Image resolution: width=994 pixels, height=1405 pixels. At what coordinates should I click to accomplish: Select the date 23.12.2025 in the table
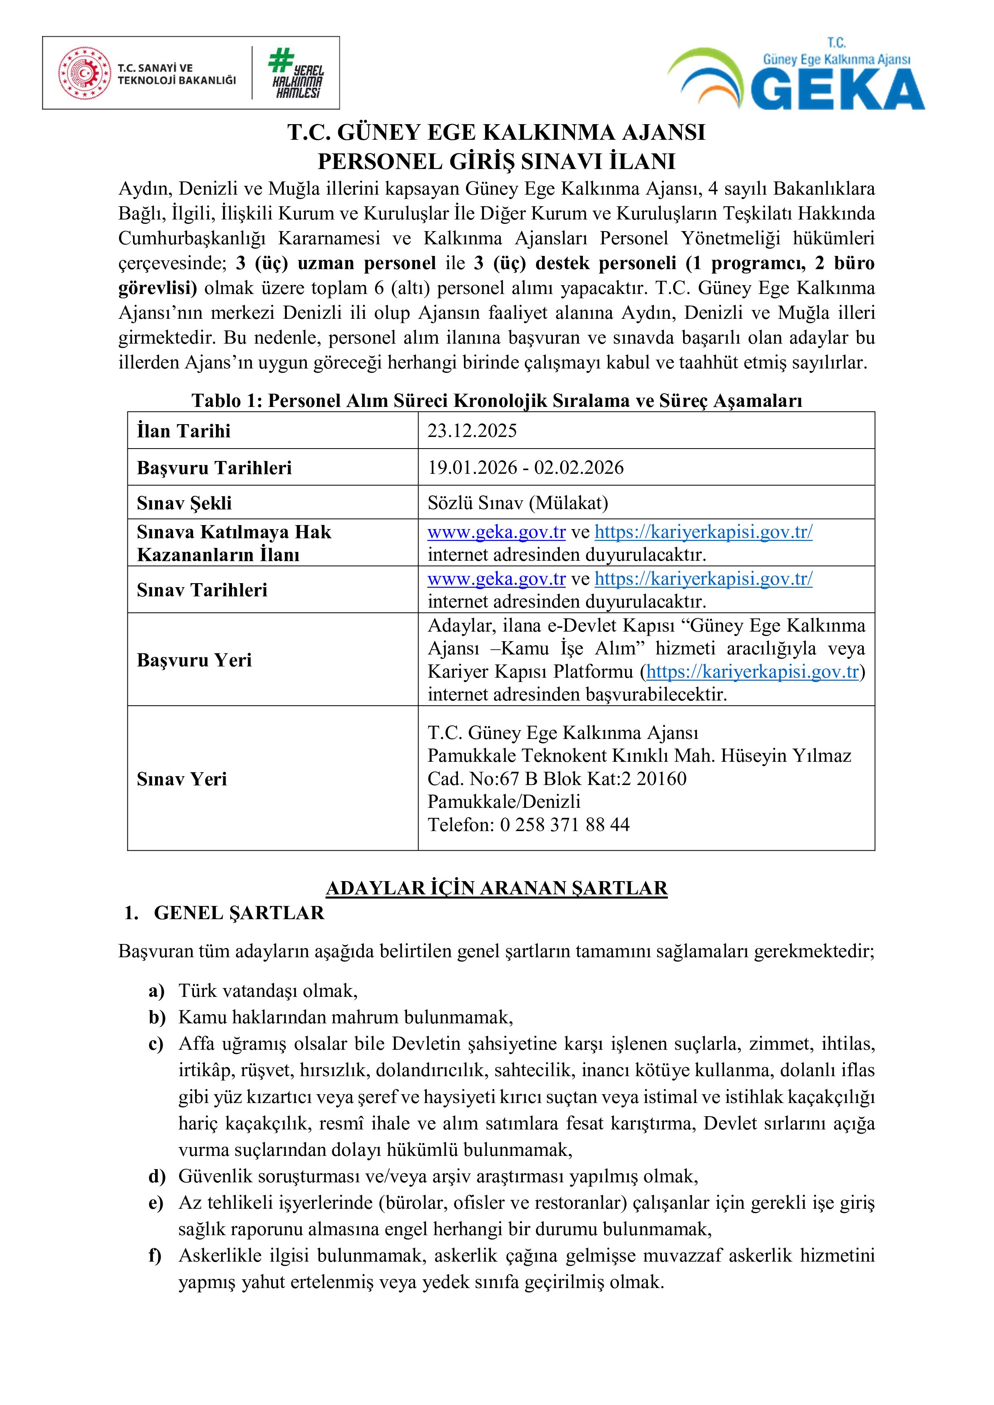(x=472, y=431)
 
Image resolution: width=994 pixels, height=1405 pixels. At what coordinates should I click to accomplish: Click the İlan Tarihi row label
(x=183, y=431)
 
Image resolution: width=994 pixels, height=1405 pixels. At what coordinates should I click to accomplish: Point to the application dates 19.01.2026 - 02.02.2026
(x=525, y=467)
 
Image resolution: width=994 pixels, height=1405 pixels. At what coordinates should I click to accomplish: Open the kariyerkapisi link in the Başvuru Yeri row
(x=752, y=671)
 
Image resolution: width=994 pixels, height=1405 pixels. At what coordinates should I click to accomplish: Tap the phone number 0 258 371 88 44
(x=565, y=824)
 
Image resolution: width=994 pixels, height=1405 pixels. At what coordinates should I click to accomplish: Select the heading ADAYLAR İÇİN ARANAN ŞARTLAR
(x=496, y=888)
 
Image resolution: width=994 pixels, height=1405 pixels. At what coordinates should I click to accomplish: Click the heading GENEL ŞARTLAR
(x=239, y=913)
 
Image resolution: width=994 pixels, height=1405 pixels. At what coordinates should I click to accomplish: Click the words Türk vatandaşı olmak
(x=268, y=990)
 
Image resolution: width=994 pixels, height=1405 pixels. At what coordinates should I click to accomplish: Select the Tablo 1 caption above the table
(x=496, y=400)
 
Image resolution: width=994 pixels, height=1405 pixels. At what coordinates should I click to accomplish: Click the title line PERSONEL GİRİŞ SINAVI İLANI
(x=496, y=161)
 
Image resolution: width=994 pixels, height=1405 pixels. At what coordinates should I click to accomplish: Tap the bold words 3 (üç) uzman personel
(x=336, y=263)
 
